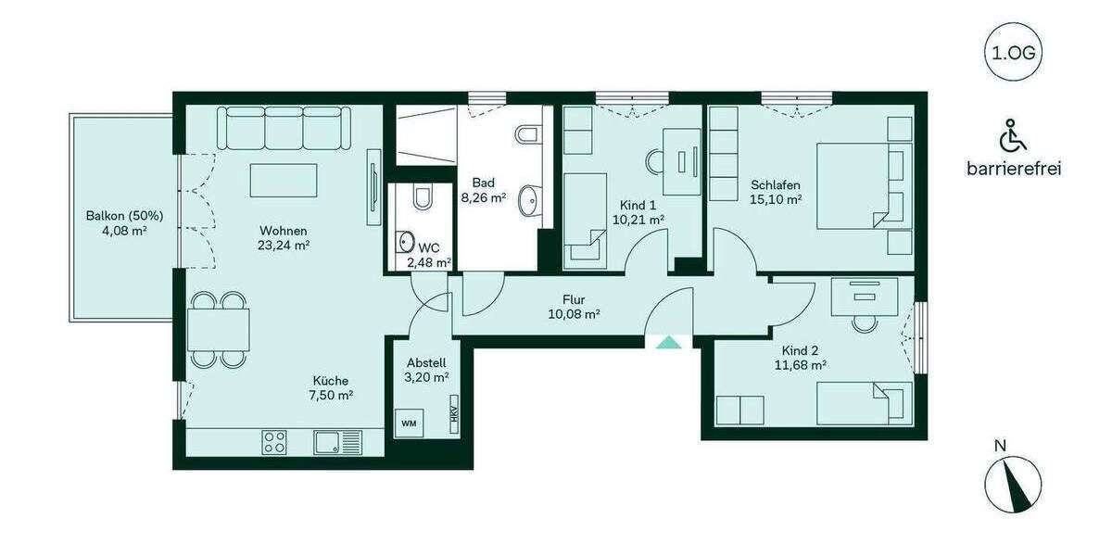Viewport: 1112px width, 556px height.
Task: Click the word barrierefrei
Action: (x=1012, y=169)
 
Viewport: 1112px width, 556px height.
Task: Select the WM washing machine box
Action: (x=409, y=423)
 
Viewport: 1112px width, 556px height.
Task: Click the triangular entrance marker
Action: (x=667, y=343)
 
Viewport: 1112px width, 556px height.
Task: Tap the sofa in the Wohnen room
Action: (x=284, y=128)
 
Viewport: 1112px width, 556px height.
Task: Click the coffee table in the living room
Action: (x=284, y=179)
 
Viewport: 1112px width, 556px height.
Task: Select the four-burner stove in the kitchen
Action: (x=274, y=442)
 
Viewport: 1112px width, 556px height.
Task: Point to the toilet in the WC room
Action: (x=423, y=198)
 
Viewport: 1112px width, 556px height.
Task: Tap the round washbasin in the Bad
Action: (x=530, y=197)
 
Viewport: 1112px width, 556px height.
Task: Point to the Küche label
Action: (x=330, y=380)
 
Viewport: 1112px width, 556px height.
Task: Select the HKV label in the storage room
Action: (x=454, y=418)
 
